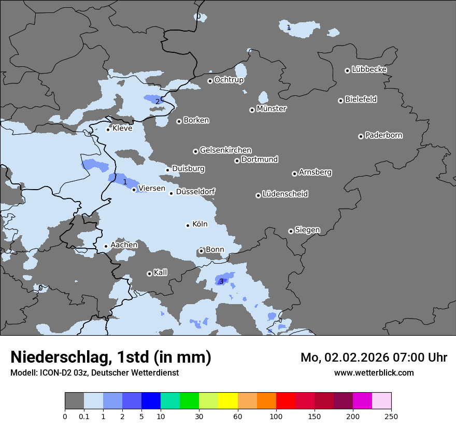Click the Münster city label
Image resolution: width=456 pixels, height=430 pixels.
click(271, 109)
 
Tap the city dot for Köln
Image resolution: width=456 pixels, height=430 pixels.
click(188, 225)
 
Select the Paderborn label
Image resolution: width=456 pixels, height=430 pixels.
click(383, 135)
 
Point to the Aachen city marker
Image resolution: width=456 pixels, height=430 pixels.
click(106, 247)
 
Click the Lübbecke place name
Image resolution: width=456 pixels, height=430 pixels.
click(369, 69)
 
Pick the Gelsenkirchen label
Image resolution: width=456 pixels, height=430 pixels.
click(225, 150)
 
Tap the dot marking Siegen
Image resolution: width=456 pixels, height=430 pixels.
click(291, 231)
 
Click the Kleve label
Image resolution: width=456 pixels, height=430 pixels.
click(122, 128)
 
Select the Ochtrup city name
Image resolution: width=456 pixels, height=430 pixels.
click(229, 80)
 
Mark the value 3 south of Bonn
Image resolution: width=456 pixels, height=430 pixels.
click(221, 281)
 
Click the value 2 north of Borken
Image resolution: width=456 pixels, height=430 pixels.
click(158, 102)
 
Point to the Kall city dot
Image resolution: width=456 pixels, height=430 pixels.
click(149, 274)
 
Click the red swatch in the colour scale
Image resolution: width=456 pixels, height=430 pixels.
click(286, 401)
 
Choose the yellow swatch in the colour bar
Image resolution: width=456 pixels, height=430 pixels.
click(228, 401)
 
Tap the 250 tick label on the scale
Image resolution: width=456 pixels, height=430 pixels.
click(391, 417)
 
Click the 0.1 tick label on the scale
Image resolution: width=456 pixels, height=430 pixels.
click(84, 417)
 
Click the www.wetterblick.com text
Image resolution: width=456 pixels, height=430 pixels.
click(374, 372)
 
